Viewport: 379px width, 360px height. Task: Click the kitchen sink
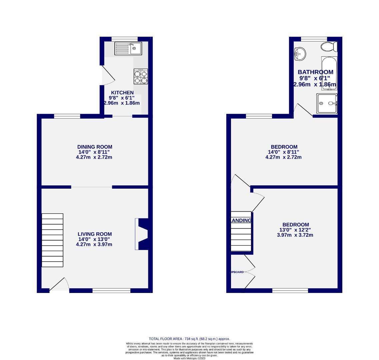(x=128, y=48)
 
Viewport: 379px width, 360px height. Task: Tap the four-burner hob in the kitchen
(x=141, y=77)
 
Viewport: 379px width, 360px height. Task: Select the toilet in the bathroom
(x=329, y=47)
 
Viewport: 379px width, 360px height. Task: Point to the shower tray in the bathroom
(x=327, y=104)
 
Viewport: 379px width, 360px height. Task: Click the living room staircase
(x=52, y=240)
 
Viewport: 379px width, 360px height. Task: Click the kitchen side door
(x=108, y=75)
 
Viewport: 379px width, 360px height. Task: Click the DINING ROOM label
(x=95, y=147)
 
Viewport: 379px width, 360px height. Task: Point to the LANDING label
(x=241, y=220)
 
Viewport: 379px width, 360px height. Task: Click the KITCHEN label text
(x=122, y=93)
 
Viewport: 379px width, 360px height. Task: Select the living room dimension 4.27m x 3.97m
(x=94, y=244)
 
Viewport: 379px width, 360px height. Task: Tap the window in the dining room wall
(x=67, y=116)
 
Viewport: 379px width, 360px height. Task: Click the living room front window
(x=111, y=291)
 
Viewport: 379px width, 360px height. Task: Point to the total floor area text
(x=189, y=339)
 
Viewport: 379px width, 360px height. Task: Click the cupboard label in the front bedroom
(x=237, y=272)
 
